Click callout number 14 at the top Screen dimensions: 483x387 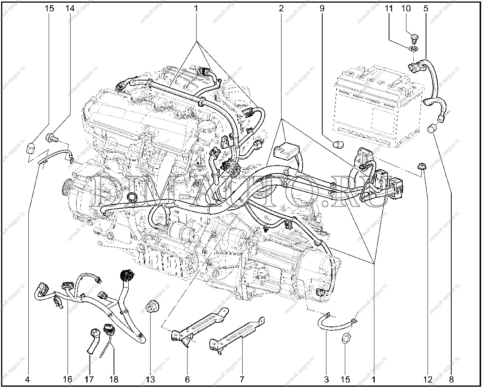70,9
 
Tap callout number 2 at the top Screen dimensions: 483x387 281,9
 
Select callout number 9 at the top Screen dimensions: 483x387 322,9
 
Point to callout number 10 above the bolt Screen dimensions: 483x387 406,9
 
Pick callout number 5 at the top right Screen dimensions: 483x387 426,9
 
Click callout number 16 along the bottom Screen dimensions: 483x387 67,379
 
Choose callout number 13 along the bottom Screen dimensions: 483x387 150,379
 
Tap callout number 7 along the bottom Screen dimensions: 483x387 241,379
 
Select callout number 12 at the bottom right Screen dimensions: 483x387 428,379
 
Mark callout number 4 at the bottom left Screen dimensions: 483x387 28,379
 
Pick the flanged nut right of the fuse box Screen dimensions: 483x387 421,167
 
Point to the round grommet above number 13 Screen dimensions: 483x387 152,307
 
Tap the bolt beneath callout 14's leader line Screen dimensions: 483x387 52,138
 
